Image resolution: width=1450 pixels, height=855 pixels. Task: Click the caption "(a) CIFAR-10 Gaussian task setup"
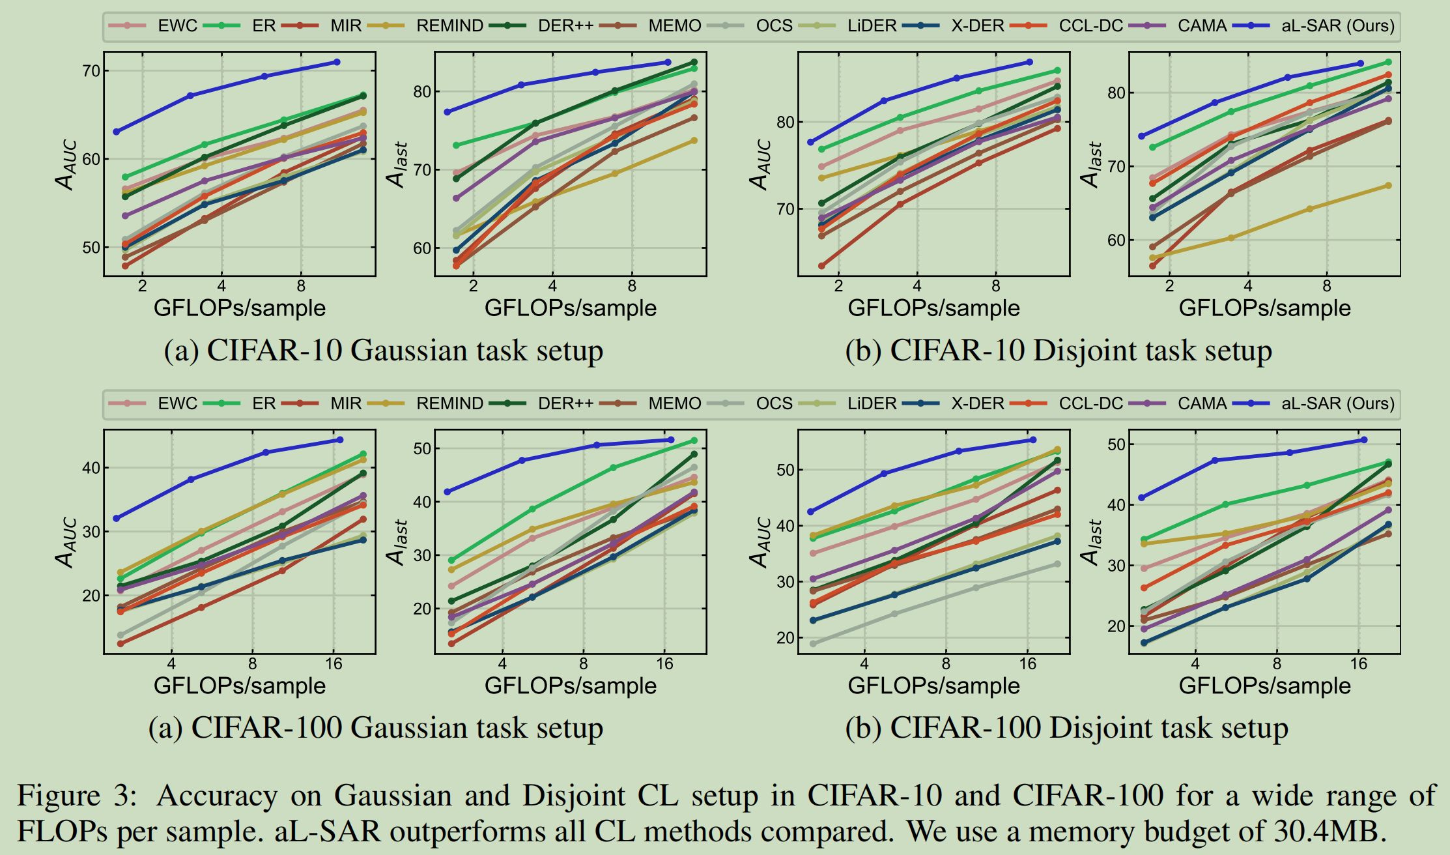pyautogui.click(x=383, y=351)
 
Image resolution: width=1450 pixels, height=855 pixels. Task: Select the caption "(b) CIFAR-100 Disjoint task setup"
pyautogui.click(x=1066, y=728)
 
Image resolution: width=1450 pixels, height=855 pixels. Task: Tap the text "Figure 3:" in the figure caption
pyautogui.click(x=77, y=796)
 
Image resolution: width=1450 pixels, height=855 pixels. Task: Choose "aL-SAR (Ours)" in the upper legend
pyautogui.click(x=1337, y=26)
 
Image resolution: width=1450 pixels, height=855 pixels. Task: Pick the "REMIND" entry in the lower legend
pyautogui.click(x=449, y=403)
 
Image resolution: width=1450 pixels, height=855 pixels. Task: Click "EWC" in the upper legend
pyautogui.click(x=177, y=26)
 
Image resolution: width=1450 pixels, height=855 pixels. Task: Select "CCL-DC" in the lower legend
pyautogui.click(x=1090, y=403)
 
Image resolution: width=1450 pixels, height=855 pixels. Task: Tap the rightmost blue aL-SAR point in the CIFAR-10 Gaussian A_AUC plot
pyautogui.click(x=337, y=62)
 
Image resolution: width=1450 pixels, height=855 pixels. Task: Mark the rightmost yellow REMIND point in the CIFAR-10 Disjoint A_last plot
pyautogui.click(x=1388, y=186)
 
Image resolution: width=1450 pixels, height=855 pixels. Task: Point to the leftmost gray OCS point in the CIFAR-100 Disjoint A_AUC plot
pyautogui.click(x=813, y=644)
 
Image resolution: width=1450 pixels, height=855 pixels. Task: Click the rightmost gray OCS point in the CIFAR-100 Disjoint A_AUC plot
pyautogui.click(x=1057, y=564)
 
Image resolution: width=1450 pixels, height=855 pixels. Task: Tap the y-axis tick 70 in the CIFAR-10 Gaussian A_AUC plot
pyautogui.click(x=91, y=70)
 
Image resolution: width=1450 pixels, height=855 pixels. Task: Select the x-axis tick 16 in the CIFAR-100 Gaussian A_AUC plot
pyautogui.click(x=334, y=664)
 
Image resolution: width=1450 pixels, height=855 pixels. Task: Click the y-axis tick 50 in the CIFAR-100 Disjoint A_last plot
pyautogui.click(x=1116, y=444)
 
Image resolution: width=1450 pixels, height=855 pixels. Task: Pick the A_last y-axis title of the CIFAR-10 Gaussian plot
pyautogui.click(x=397, y=164)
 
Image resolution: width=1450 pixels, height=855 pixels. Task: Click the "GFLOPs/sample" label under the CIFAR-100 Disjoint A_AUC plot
pyautogui.click(x=933, y=686)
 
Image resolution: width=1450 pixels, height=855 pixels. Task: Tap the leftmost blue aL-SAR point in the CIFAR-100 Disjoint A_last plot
pyautogui.click(x=1141, y=498)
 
